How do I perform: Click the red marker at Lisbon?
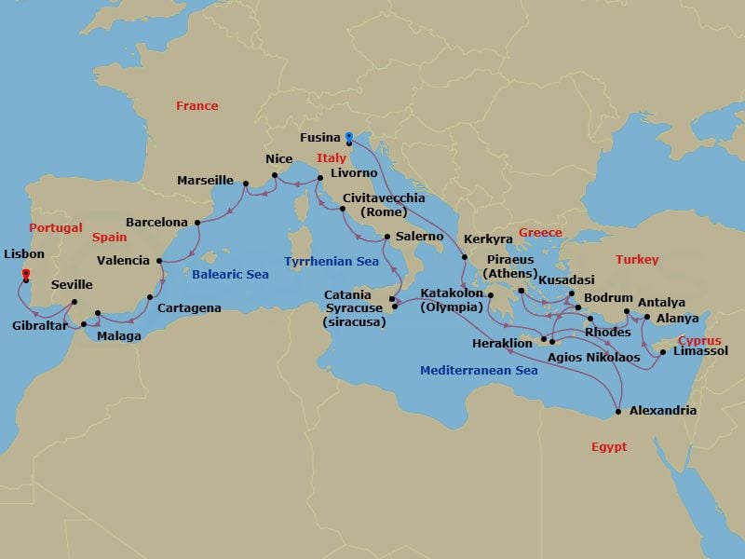[25, 272]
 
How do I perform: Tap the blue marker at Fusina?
[347, 135]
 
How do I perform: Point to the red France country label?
[197, 106]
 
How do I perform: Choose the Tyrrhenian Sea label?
[332, 262]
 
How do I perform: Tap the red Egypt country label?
[609, 447]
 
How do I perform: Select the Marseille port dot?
[245, 183]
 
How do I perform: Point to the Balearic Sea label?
[230, 275]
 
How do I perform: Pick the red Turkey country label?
[637, 260]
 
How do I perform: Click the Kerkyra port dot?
[464, 256]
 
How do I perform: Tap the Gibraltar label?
[39, 326]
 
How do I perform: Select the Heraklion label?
[504, 343]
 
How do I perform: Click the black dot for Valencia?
[160, 261]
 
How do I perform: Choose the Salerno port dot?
[386, 237]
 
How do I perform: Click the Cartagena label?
[189, 307]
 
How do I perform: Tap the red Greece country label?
[540, 233]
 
